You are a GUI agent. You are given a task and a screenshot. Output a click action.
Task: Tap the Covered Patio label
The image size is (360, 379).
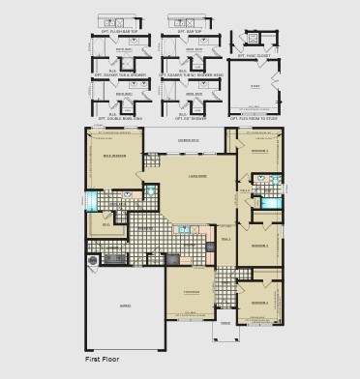pos(190,141)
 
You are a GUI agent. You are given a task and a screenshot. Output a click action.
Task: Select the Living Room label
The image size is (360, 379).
pos(196,177)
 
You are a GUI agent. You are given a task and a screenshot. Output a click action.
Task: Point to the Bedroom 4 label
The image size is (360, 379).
pos(258,152)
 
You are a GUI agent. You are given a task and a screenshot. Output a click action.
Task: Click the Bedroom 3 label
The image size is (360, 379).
pos(258,246)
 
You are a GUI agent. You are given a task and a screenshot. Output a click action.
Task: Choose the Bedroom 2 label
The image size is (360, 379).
pos(258,303)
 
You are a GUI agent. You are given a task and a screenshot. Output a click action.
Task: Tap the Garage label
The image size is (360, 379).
pos(125,305)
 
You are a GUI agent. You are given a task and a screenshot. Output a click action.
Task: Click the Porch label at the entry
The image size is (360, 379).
pos(225,324)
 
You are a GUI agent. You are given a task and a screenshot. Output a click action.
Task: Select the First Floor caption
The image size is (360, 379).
pos(106,359)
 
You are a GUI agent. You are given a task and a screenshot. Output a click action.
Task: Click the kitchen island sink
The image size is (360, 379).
pos(183,230)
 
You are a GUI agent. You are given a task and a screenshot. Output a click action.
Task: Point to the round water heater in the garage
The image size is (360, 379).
pos(94,259)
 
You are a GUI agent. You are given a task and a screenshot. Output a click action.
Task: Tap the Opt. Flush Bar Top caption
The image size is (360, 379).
pos(116,15)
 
